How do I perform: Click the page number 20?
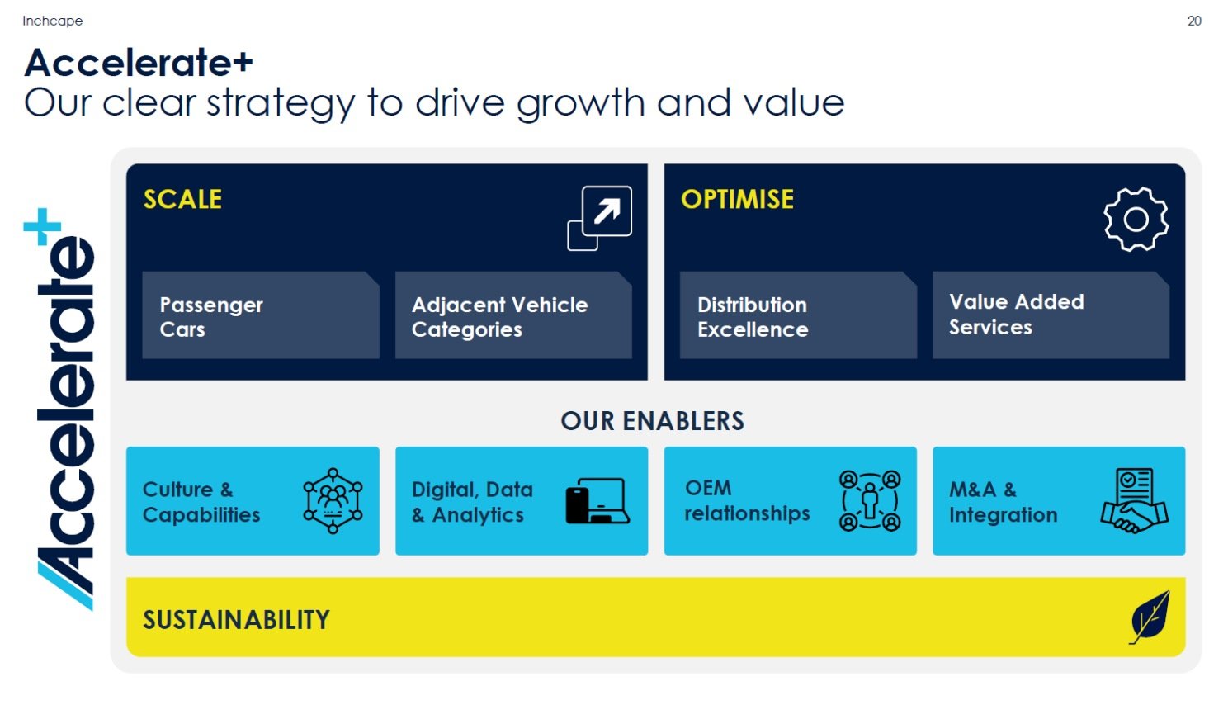[1194, 21]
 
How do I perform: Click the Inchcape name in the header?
[53, 21]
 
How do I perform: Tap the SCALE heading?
[182, 199]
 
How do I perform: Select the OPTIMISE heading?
[737, 199]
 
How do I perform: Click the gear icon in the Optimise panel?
[1136, 220]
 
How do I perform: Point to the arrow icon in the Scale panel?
[599, 218]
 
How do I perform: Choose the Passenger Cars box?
[261, 315]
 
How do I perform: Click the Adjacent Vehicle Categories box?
[513, 315]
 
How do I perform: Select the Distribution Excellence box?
[798, 315]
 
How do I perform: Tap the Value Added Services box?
[1051, 315]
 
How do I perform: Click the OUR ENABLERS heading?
[652, 421]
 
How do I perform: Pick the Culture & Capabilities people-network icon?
[333, 500]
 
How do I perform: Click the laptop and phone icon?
[597, 500]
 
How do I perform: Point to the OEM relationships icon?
[870, 500]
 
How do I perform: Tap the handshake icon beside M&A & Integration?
[1134, 500]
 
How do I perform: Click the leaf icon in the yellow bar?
[1150, 617]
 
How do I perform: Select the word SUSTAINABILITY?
[236, 620]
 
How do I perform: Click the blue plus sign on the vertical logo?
[42, 226]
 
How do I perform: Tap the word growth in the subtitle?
[581, 103]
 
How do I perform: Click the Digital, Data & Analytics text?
[472, 502]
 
